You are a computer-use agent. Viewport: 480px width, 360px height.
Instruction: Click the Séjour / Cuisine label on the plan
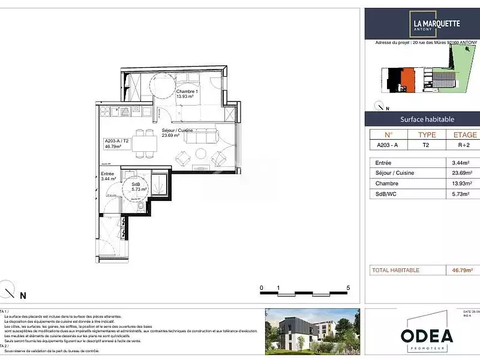(178, 133)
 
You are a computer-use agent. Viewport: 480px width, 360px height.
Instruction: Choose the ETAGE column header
(465, 135)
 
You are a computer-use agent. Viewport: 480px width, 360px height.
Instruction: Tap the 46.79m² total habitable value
(463, 270)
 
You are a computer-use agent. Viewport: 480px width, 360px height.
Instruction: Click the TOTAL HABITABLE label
(396, 270)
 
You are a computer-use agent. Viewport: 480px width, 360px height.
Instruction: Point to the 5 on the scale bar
(349, 288)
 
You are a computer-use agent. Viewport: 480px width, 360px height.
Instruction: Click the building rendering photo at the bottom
(313, 329)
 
